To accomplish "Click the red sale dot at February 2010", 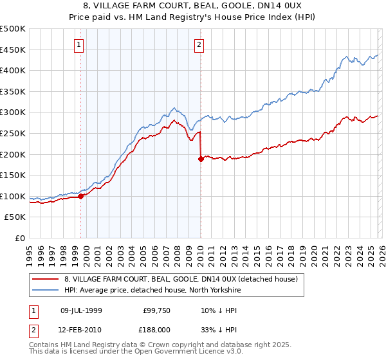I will pyautogui.click(x=201, y=159).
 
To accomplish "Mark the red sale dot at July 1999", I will pyautogui.click(x=81, y=197).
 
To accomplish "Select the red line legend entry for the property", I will pyautogui.click(x=180, y=279).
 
